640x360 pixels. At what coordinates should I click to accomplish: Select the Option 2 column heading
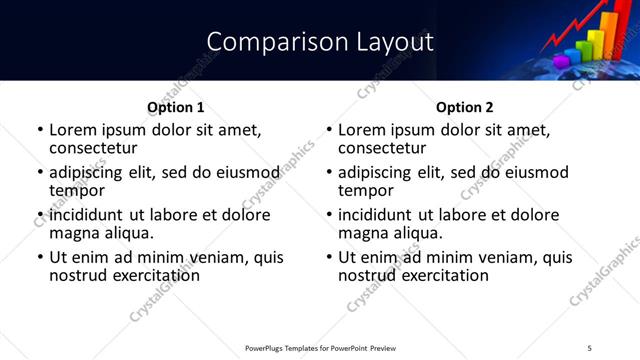pos(465,107)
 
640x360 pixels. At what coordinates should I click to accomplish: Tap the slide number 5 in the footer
pos(589,348)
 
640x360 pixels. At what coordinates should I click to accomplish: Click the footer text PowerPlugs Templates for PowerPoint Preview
pos(320,348)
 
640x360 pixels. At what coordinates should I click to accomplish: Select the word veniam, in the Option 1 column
pos(223,257)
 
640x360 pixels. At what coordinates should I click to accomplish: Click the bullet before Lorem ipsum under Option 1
pos(39,131)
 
